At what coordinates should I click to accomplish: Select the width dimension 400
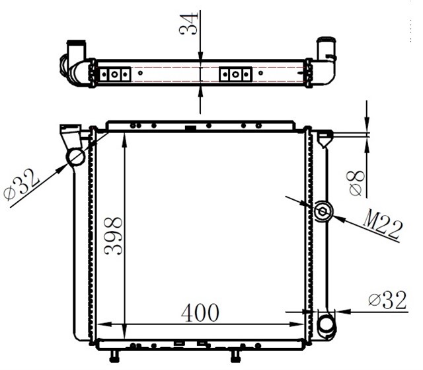coord(200,312)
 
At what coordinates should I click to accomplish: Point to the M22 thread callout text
coord(381,227)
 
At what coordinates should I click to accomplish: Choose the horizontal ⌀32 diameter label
coord(387,301)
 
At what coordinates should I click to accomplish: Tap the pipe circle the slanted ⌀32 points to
coord(76,157)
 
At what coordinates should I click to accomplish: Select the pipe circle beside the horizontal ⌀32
coord(327,325)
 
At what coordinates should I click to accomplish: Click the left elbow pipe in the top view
coord(77,63)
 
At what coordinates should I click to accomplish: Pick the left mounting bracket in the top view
coord(114,73)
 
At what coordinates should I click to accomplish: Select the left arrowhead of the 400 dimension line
coord(102,324)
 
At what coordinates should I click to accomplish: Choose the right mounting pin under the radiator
coord(234,357)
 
